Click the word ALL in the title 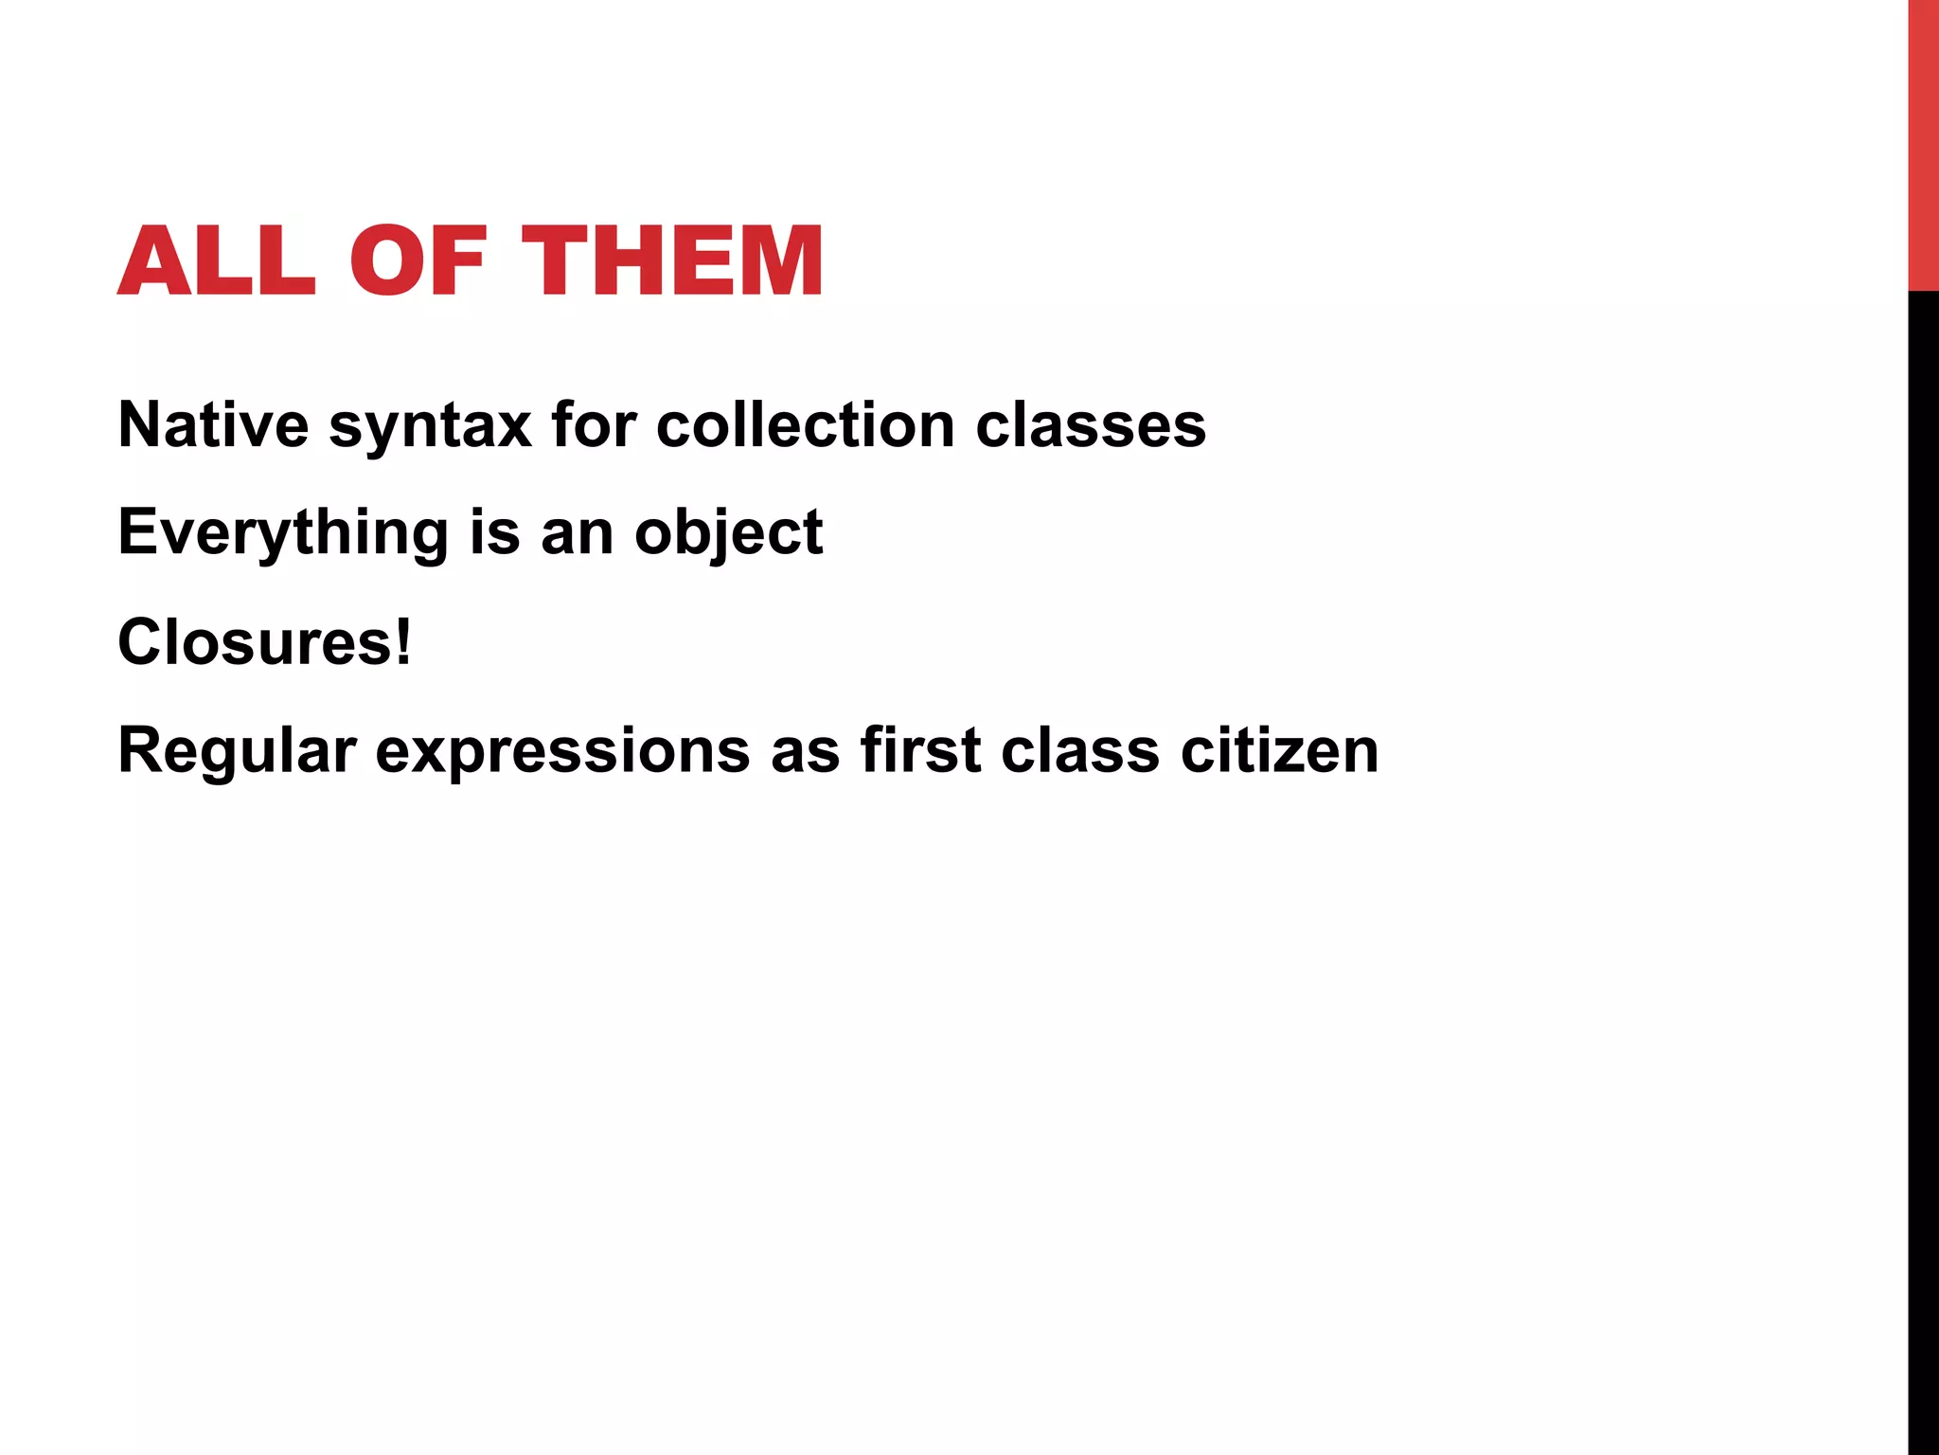coord(216,261)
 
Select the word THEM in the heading coord(672,261)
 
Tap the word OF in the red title coord(418,261)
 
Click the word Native coord(213,424)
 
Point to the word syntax coord(430,426)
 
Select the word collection coord(805,424)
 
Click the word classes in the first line coord(1091,424)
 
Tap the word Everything coord(282,533)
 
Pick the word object coord(728,533)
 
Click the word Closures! coord(264,642)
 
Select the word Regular coord(237,752)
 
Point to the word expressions coord(562,752)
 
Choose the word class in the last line coord(1080,750)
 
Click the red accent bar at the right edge coord(1923,145)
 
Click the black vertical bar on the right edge coord(1923,871)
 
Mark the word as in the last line coord(805,752)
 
